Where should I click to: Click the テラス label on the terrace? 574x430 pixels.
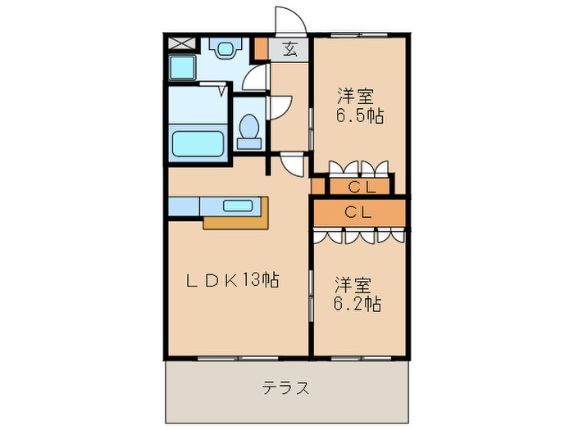(286, 387)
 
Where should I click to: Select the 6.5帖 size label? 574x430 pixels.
(359, 115)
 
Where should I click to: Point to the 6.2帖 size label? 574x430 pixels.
(357, 304)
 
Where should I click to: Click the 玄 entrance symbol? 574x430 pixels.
(290, 48)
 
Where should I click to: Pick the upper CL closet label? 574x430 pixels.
(359, 187)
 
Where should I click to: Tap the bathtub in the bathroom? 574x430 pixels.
(198, 143)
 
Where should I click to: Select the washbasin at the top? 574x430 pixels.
(222, 48)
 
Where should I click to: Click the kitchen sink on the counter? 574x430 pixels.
(239, 205)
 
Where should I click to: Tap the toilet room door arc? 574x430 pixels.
(280, 105)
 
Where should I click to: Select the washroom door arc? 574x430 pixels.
(256, 77)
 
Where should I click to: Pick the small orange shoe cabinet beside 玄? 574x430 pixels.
(261, 48)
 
